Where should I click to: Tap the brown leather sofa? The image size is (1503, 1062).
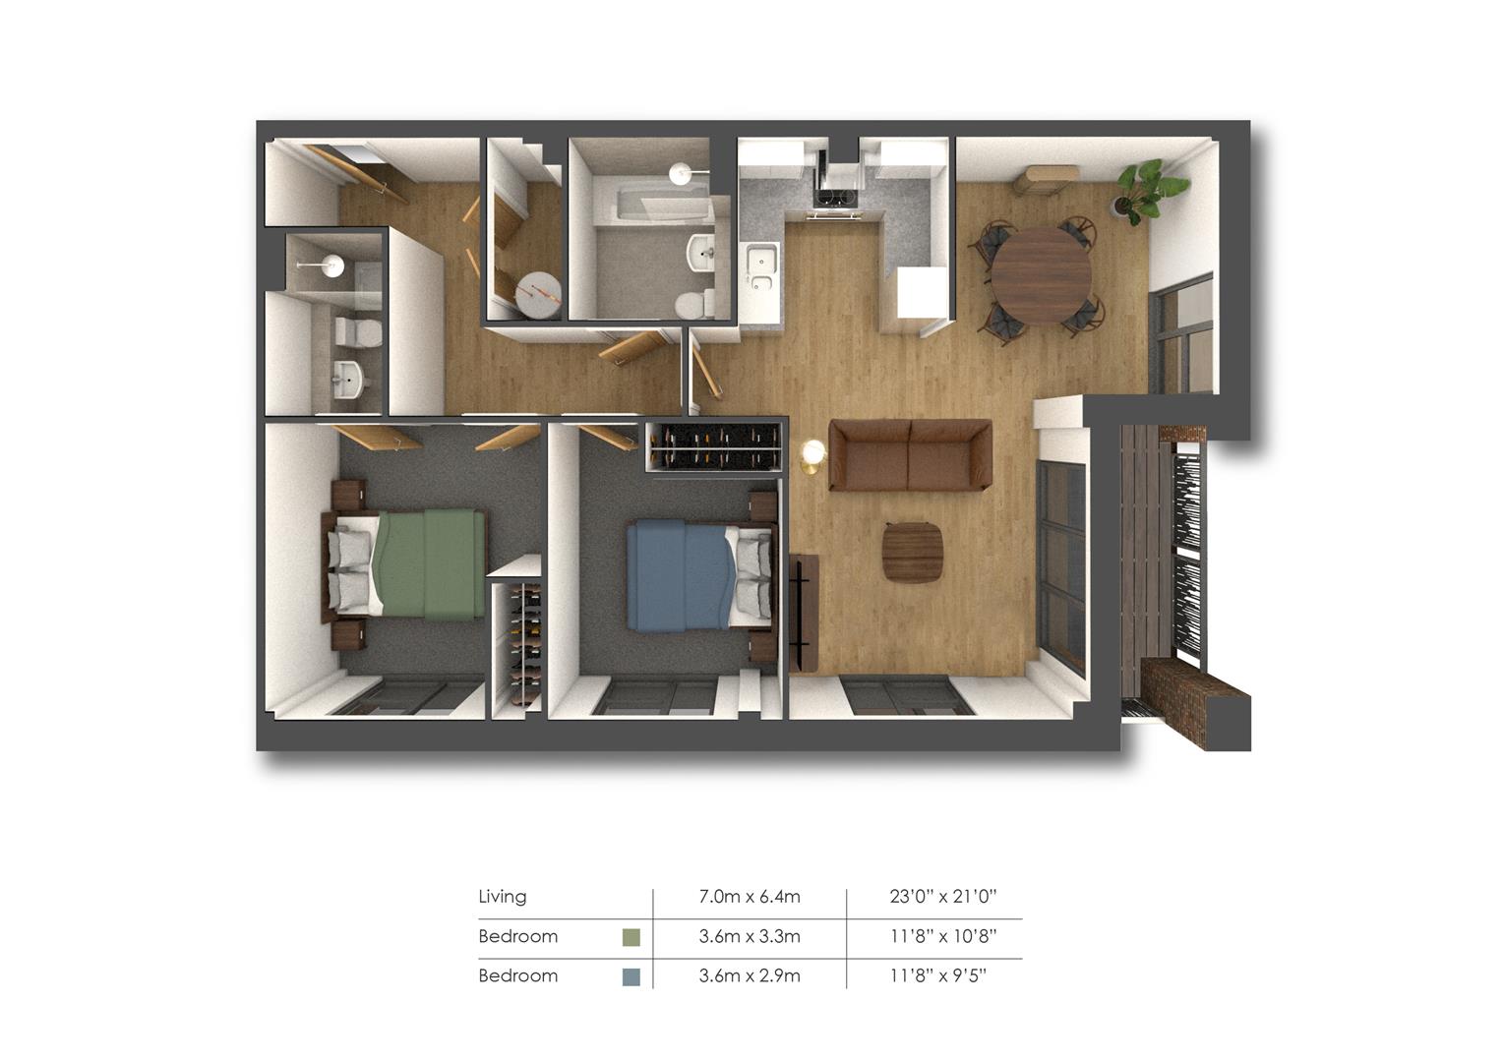[910, 455]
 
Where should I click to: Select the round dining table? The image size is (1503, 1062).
[1042, 275]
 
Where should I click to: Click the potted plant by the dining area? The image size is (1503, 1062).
[1148, 191]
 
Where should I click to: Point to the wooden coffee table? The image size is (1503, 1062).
[913, 552]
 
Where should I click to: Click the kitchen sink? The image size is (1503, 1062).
[762, 268]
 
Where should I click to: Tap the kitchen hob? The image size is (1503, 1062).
[836, 199]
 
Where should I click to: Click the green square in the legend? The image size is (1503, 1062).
[631, 937]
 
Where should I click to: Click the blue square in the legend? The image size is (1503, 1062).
[631, 976]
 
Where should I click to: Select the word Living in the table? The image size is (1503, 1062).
[502, 897]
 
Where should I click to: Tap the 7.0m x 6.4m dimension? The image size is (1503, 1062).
[750, 897]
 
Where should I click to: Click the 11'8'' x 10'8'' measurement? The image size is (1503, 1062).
[942, 936]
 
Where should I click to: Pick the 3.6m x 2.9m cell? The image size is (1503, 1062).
[750, 975]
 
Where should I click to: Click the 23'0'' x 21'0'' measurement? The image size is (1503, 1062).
[942, 897]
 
